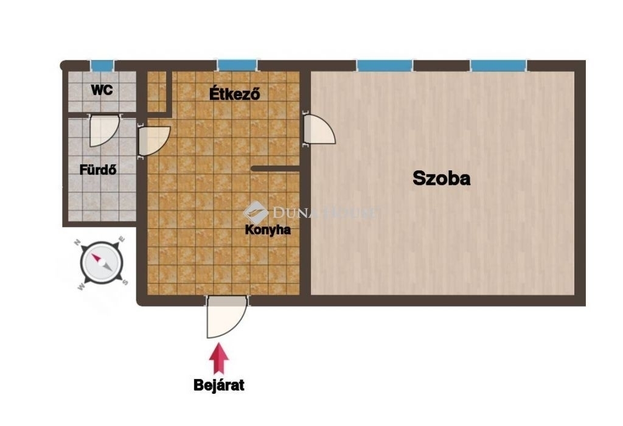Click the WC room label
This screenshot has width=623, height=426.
pos(102,90)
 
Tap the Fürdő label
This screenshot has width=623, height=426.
pos(98,170)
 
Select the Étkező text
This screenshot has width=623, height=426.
pos(235,94)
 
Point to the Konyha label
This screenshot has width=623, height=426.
pos(268,229)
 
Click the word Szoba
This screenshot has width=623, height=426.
pos(442,178)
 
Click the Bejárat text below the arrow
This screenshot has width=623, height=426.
pos(219,385)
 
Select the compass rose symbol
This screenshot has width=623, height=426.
pos(102,263)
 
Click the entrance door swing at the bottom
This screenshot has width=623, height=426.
pos(226,316)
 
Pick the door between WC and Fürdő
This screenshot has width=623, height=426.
pos(105,130)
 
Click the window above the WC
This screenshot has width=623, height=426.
pos(102,66)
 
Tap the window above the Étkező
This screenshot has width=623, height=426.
pos(237,66)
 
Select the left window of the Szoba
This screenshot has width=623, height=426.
pos(385,66)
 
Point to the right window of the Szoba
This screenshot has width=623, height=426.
pos(499,66)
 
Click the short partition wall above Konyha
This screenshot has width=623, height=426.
pos(276,169)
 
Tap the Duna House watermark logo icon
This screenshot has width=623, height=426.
pos(256,212)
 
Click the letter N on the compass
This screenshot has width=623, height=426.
pos(78,242)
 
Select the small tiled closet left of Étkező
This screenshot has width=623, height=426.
pos(156,91)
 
